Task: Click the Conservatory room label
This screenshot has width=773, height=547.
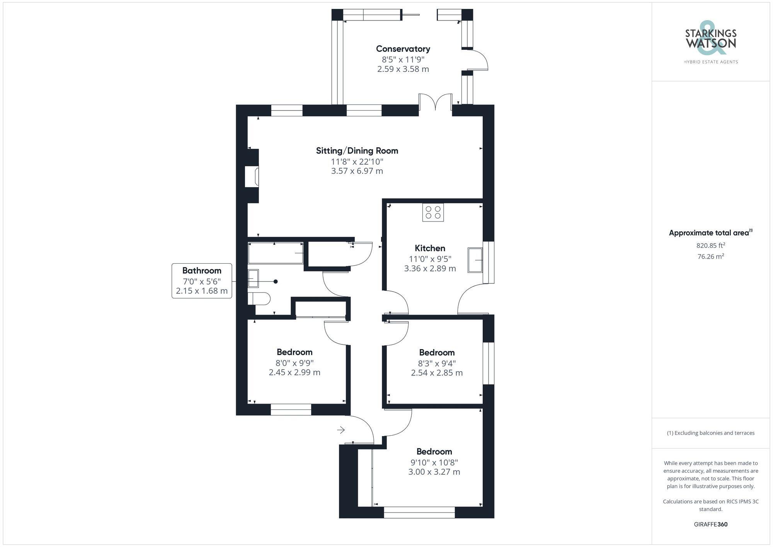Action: click(x=403, y=49)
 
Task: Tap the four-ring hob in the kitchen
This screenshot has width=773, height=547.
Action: click(x=433, y=212)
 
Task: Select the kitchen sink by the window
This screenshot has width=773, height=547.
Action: click(x=475, y=260)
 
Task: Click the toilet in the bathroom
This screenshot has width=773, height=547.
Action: click(x=259, y=298)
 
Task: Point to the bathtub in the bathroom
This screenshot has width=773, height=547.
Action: click(x=275, y=253)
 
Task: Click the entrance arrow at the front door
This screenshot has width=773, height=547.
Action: click(x=341, y=430)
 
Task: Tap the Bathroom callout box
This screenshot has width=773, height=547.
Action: click(x=202, y=281)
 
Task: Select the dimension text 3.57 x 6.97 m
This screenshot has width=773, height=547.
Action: click(x=357, y=171)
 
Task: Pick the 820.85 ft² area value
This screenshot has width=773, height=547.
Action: click(x=710, y=245)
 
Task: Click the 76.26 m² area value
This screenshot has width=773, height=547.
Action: click(x=710, y=256)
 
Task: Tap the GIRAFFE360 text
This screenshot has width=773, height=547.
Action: click(x=710, y=525)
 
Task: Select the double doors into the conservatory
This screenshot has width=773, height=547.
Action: click(x=435, y=104)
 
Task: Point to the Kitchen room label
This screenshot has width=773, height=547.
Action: click(x=430, y=248)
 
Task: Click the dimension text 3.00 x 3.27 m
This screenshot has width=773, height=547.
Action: click(x=434, y=472)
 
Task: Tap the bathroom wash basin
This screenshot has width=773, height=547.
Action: click(x=253, y=278)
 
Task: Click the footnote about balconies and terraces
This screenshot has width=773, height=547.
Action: click(x=710, y=433)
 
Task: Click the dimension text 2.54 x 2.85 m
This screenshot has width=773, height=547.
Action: click(x=436, y=373)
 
